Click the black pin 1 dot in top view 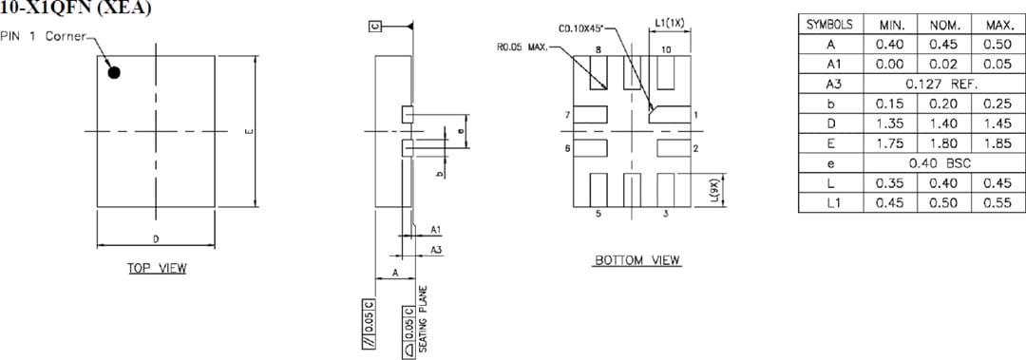coord(114,72)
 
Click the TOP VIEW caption coord(158,269)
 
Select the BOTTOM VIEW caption coord(637,260)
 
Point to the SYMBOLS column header coord(829,25)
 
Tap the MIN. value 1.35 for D coord(888,123)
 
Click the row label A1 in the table coord(829,64)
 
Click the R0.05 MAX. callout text coord(522,44)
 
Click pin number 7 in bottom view coord(567,115)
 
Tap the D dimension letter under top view coord(156,237)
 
